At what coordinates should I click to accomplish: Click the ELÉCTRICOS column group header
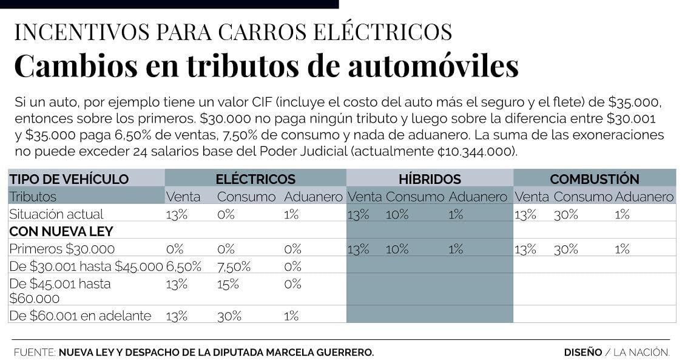click(x=255, y=179)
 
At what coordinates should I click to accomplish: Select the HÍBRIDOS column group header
click(x=430, y=179)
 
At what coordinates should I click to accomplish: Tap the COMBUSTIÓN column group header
click(x=594, y=179)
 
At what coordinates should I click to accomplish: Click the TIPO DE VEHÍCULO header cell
click(x=69, y=179)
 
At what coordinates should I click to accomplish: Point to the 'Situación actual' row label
click(x=56, y=214)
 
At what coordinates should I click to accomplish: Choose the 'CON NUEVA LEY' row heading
click(x=61, y=231)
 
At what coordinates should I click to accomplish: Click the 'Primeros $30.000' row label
click(x=61, y=249)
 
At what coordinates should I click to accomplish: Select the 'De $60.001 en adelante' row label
click(x=79, y=316)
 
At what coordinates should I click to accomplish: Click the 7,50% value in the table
click(x=234, y=267)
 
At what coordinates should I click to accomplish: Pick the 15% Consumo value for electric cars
click(x=228, y=284)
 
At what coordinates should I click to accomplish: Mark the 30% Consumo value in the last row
click(x=229, y=316)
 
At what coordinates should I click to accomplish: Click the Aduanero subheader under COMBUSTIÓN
click(x=644, y=197)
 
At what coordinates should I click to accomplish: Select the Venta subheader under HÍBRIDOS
click(x=365, y=197)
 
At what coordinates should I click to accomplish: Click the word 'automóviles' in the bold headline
click(x=433, y=66)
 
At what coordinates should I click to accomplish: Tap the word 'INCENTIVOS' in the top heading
click(x=75, y=32)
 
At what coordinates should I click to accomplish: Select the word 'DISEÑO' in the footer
click(x=582, y=352)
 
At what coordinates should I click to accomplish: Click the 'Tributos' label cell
click(x=33, y=197)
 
